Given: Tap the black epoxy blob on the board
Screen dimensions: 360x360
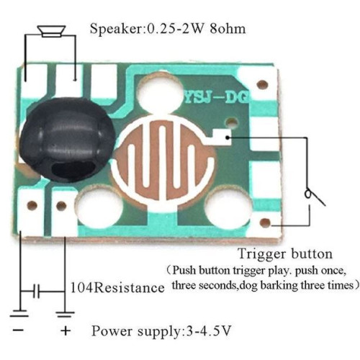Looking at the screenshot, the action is click(x=68, y=139).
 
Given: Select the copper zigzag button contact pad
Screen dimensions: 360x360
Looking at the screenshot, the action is click(x=164, y=161).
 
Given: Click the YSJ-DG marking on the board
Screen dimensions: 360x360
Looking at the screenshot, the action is click(x=217, y=98).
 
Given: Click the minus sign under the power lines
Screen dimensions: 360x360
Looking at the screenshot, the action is click(x=18, y=330).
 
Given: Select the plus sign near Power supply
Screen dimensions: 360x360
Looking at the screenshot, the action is click(x=66, y=330).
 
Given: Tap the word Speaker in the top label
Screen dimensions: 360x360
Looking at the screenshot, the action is click(x=116, y=30).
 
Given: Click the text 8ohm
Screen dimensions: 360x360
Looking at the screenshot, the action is click(x=228, y=29).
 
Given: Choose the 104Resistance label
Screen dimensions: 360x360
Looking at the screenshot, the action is click(x=117, y=287).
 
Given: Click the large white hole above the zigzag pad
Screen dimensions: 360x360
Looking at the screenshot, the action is click(x=160, y=92).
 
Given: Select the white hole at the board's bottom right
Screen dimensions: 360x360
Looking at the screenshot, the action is click(x=228, y=207).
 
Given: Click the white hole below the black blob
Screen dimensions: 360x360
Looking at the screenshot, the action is click(x=100, y=207).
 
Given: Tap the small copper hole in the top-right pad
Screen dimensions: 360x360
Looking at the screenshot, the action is click(x=262, y=84).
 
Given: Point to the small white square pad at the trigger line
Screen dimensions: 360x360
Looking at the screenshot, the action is click(x=222, y=138).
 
